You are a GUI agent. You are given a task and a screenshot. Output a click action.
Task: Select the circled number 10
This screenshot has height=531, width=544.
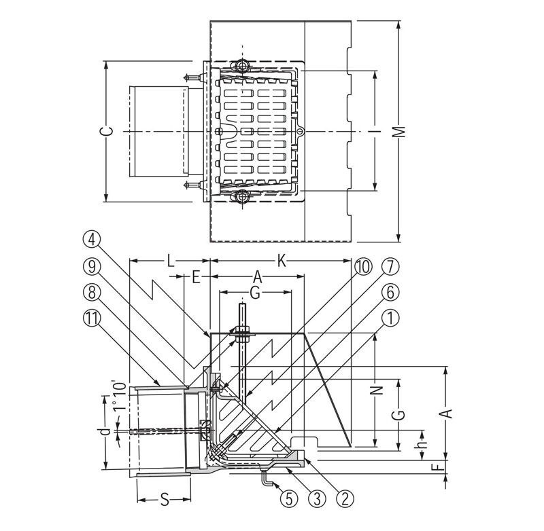coord(362,267)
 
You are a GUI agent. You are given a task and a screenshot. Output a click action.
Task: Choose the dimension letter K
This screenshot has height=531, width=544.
coord(281,260)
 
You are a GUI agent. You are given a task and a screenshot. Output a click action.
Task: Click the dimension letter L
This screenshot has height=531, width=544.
coord(171,260)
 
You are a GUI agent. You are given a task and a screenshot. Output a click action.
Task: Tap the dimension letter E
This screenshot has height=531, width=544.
coord(197,276)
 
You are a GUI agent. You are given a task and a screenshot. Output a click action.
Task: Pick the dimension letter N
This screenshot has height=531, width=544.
coord(378,390)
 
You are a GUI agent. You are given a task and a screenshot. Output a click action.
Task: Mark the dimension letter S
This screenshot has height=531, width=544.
coord(164,502)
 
